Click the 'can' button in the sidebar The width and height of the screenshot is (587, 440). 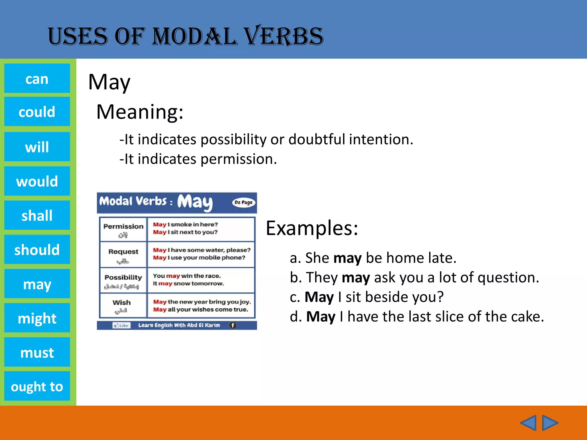pyautogui.click(x=37, y=78)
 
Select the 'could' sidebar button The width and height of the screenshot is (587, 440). pyautogui.click(x=37, y=111)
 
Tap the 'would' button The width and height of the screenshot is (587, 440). pyautogui.click(x=37, y=181)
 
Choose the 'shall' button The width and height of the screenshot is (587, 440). pyautogui.click(x=37, y=215)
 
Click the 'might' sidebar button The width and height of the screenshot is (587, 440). pyautogui.click(x=37, y=318)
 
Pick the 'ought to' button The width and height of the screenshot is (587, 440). pyautogui.click(x=37, y=386)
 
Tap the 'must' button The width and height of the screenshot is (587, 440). pyautogui.click(x=37, y=352)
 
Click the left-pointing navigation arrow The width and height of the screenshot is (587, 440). pyautogui.click(x=528, y=423)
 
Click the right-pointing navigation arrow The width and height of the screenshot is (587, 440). pyautogui.click(x=550, y=423)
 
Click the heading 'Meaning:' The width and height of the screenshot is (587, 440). pyautogui.click(x=140, y=112)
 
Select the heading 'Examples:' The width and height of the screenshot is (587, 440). pyautogui.click(x=312, y=228)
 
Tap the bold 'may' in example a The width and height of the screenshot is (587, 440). pyautogui.click(x=347, y=258)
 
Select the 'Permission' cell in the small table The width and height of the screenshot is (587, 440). pyautogui.click(x=123, y=229)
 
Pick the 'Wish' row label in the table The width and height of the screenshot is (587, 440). pyautogui.click(x=122, y=305)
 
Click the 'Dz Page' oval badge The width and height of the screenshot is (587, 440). pyautogui.click(x=243, y=203)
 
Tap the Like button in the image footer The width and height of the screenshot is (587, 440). pyautogui.click(x=122, y=325)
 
